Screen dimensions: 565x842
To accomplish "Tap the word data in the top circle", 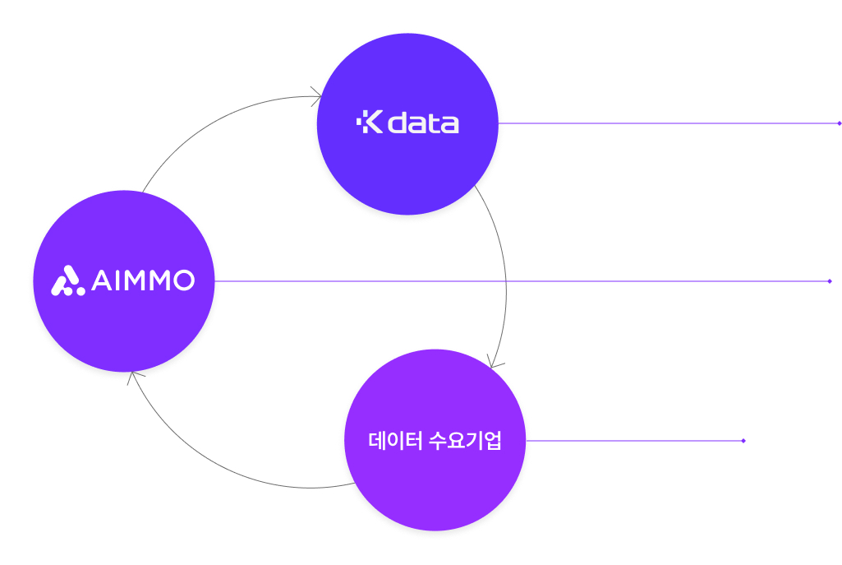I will click(423, 123).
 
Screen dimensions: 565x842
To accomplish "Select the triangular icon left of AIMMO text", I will click(68, 281).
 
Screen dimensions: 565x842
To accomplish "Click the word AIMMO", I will click(143, 281).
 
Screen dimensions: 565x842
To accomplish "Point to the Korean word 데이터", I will click(395, 441).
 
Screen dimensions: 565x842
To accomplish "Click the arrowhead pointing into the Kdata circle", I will click(316, 98).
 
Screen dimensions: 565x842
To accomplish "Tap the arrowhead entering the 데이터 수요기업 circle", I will click(493, 363).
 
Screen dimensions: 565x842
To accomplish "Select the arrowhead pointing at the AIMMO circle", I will click(131, 377).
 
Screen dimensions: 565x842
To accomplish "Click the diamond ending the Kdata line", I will click(839, 123).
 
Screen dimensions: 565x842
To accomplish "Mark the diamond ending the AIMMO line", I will click(830, 281).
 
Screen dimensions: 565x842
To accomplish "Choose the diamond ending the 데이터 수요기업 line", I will click(743, 441).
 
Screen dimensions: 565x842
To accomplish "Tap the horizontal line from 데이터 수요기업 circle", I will click(633, 441).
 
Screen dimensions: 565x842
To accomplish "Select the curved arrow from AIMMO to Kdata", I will click(205, 123).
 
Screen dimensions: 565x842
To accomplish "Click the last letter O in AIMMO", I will click(184, 281).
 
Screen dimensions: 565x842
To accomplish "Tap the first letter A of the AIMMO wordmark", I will click(100, 281).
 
